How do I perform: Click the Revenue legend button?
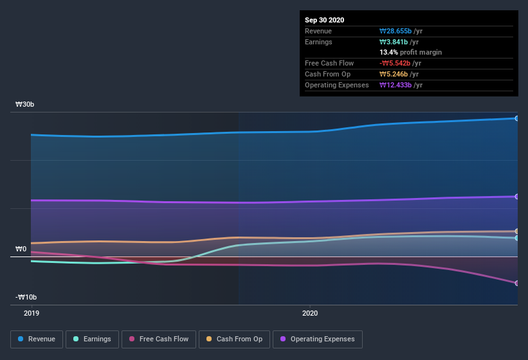click(x=37, y=339)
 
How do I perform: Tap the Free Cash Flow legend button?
click(x=159, y=339)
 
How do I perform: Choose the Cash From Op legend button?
click(x=234, y=339)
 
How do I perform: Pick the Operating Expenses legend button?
click(x=317, y=339)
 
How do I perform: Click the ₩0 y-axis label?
click(x=21, y=249)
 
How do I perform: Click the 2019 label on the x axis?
click(x=32, y=313)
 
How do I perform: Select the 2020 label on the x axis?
click(x=310, y=313)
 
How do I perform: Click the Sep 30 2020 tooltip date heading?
click(x=324, y=20)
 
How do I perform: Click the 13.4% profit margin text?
click(x=410, y=52)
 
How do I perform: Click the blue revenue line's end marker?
click(x=516, y=118)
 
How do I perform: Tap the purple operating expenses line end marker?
click(x=516, y=197)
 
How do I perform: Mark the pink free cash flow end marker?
click(x=516, y=283)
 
